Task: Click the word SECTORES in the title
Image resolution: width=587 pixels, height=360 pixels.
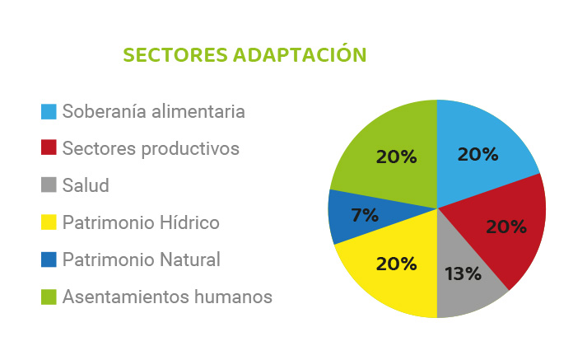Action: pyautogui.click(x=175, y=54)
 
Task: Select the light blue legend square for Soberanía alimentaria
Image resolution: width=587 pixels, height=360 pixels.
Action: pyautogui.click(x=49, y=112)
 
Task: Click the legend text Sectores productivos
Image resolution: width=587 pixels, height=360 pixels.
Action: pyautogui.click(x=151, y=149)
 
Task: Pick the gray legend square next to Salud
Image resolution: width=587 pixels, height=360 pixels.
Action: pyautogui.click(x=49, y=185)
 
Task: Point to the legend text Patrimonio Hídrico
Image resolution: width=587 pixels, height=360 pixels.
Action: pyautogui.click(x=141, y=222)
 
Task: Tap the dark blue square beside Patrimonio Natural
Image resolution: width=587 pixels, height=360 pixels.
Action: pyautogui.click(x=49, y=259)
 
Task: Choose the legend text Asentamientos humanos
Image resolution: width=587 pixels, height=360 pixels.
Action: pyautogui.click(x=167, y=297)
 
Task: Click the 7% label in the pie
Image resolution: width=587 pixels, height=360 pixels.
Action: pyautogui.click(x=365, y=215)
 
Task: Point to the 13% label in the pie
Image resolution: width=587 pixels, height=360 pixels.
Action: pyautogui.click(x=463, y=274)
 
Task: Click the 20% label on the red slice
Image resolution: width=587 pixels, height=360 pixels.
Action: pyautogui.click(x=506, y=227)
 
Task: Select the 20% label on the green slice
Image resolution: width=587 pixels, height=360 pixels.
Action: pyautogui.click(x=397, y=157)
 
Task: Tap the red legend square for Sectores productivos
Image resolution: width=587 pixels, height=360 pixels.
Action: pyautogui.click(x=49, y=147)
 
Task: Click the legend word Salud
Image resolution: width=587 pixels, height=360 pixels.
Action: pyautogui.click(x=86, y=185)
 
